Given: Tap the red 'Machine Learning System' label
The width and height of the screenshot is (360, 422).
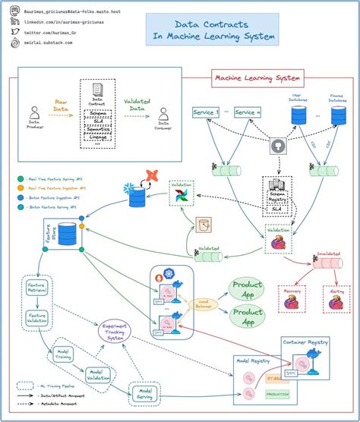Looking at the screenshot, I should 257,77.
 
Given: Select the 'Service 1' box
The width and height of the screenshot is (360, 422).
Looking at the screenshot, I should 206,112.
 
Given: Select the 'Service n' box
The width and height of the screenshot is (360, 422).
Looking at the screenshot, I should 248,112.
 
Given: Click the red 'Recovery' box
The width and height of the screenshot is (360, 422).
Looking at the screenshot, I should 292,299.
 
